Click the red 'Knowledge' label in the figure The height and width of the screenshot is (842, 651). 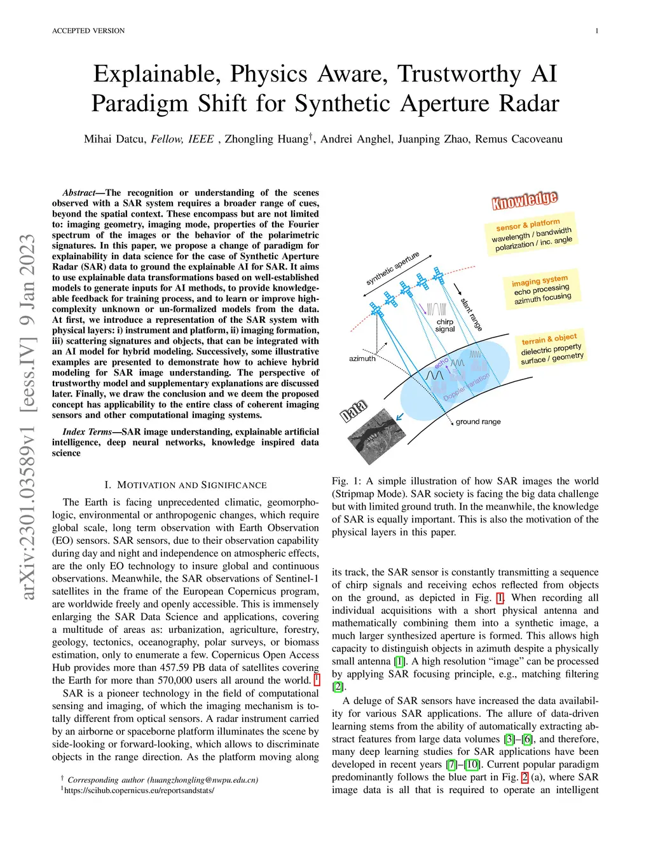(524, 200)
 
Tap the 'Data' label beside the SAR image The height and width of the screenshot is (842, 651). (353, 411)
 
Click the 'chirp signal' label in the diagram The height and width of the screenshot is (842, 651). (445, 325)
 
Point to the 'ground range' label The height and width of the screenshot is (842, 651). (478, 421)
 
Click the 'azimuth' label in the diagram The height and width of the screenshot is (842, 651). (362, 358)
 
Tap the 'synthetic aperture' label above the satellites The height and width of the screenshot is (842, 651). (392, 268)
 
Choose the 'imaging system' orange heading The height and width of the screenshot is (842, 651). (540, 280)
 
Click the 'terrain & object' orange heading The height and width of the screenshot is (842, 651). (549, 339)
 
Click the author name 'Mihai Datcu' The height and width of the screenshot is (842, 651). (114, 139)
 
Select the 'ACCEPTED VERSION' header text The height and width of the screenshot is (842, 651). (88, 31)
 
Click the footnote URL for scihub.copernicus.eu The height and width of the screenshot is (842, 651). (139, 791)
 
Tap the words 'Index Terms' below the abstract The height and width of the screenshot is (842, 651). (87, 432)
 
